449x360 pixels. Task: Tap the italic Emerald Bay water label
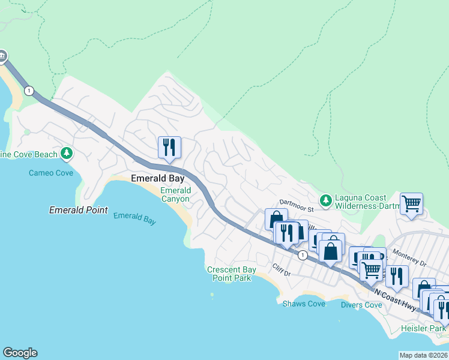click(x=134, y=218)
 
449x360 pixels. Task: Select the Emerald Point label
click(x=79, y=211)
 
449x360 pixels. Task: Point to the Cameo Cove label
click(x=51, y=173)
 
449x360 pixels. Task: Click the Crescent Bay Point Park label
click(x=232, y=274)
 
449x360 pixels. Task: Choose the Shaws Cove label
click(x=304, y=304)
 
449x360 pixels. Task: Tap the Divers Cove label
click(x=361, y=305)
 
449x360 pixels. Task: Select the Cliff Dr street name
click(x=281, y=269)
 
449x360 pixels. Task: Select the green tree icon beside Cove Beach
click(x=67, y=155)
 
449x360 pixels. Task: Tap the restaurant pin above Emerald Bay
click(x=169, y=147)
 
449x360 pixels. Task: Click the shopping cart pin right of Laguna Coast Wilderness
click(x=411, y=204)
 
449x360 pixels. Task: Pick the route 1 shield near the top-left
click(x=29, y=91)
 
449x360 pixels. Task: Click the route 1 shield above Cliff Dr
click(x=303, y=255)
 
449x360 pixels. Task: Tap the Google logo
click(x=20, y=353)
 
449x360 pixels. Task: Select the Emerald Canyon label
click(x=175, y=195)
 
